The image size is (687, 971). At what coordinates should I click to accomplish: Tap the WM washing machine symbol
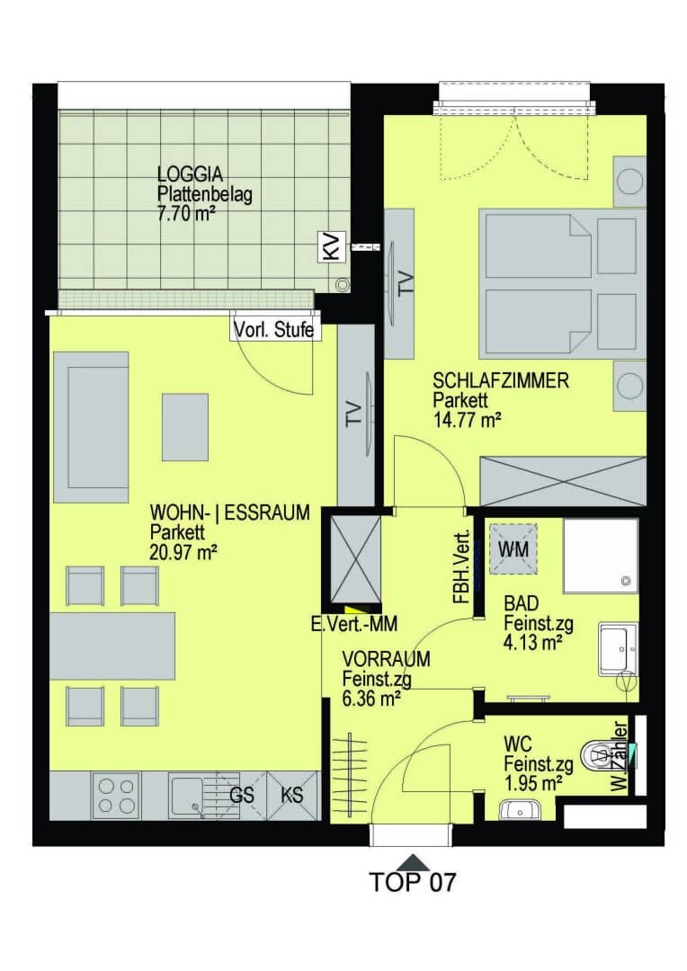click(x=513, y=548)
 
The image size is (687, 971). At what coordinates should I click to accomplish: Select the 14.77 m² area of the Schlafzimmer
click(x=467, y=420)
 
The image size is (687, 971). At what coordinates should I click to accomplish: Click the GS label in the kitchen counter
click(x=242, y=795)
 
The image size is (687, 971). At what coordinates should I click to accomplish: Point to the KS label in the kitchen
click(x=291, y=795)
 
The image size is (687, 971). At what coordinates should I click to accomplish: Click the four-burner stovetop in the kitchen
click(x=117, y=796)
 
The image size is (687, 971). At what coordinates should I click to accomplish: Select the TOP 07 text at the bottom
click(x=413, y=881)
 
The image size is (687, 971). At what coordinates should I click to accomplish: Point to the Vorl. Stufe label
click(x=273, y=329)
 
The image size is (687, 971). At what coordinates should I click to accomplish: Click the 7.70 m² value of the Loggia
click(x=186, y=214)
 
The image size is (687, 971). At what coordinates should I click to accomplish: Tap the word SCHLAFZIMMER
click(x=501, y=380)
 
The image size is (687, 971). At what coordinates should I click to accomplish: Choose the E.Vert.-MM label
click(x=353, y=624)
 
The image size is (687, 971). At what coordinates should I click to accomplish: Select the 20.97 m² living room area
click(x=183, y=552)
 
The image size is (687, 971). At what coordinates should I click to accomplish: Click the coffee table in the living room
click(x=185, y=427)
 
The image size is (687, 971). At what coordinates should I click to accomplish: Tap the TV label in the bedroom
click(x=406, y=283)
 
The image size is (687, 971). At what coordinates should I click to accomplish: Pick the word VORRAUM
click(x=386, y=658)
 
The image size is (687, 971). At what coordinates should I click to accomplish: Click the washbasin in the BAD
click(x=618, y=649)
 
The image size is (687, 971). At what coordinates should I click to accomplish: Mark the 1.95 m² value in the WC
click(x=533, y=784)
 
